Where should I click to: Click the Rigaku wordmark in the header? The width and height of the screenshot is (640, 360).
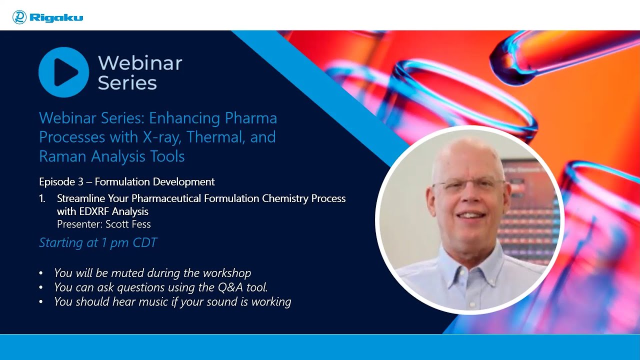tap(56, 17)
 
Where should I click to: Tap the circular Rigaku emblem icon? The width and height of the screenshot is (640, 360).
tap(19, 17)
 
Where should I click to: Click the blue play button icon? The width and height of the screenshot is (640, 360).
tap(63, 72)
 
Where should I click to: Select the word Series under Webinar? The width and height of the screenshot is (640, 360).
tap(127, 83)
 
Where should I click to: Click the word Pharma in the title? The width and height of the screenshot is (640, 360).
tap(251, 118)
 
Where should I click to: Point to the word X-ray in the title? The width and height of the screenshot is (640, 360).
tap(162, 137)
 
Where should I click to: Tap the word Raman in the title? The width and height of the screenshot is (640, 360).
tap(62, 156)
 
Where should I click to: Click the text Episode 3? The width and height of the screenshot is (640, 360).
tap(61, 182)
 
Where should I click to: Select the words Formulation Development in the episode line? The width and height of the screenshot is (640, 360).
tap(154, 182)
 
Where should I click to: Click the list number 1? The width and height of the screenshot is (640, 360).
tap(42, 198)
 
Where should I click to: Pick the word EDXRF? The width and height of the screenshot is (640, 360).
tap(94, 211)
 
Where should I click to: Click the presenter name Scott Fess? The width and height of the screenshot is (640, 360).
tap(128, 224)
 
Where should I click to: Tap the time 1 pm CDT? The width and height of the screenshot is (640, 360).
tap(129, 243)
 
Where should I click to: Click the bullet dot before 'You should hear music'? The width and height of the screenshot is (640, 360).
tap(41, 302)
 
